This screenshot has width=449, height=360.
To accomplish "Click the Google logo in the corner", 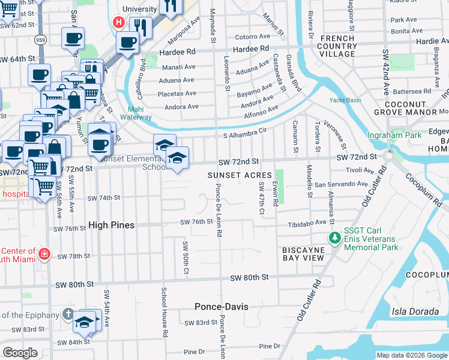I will (20, 353).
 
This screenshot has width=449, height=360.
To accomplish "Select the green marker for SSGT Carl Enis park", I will (335, 239).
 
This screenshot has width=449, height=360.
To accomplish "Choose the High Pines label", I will (111, 225).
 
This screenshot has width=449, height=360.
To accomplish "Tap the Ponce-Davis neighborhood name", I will (221, 307).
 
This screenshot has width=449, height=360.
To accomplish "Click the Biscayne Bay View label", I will (304, 253).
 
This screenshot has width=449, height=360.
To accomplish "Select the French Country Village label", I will (336, 46).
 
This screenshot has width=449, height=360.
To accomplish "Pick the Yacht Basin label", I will (343, 100).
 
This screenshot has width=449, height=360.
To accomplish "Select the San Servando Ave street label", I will (342, 184).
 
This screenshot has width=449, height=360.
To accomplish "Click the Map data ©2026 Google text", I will (411, 355).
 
